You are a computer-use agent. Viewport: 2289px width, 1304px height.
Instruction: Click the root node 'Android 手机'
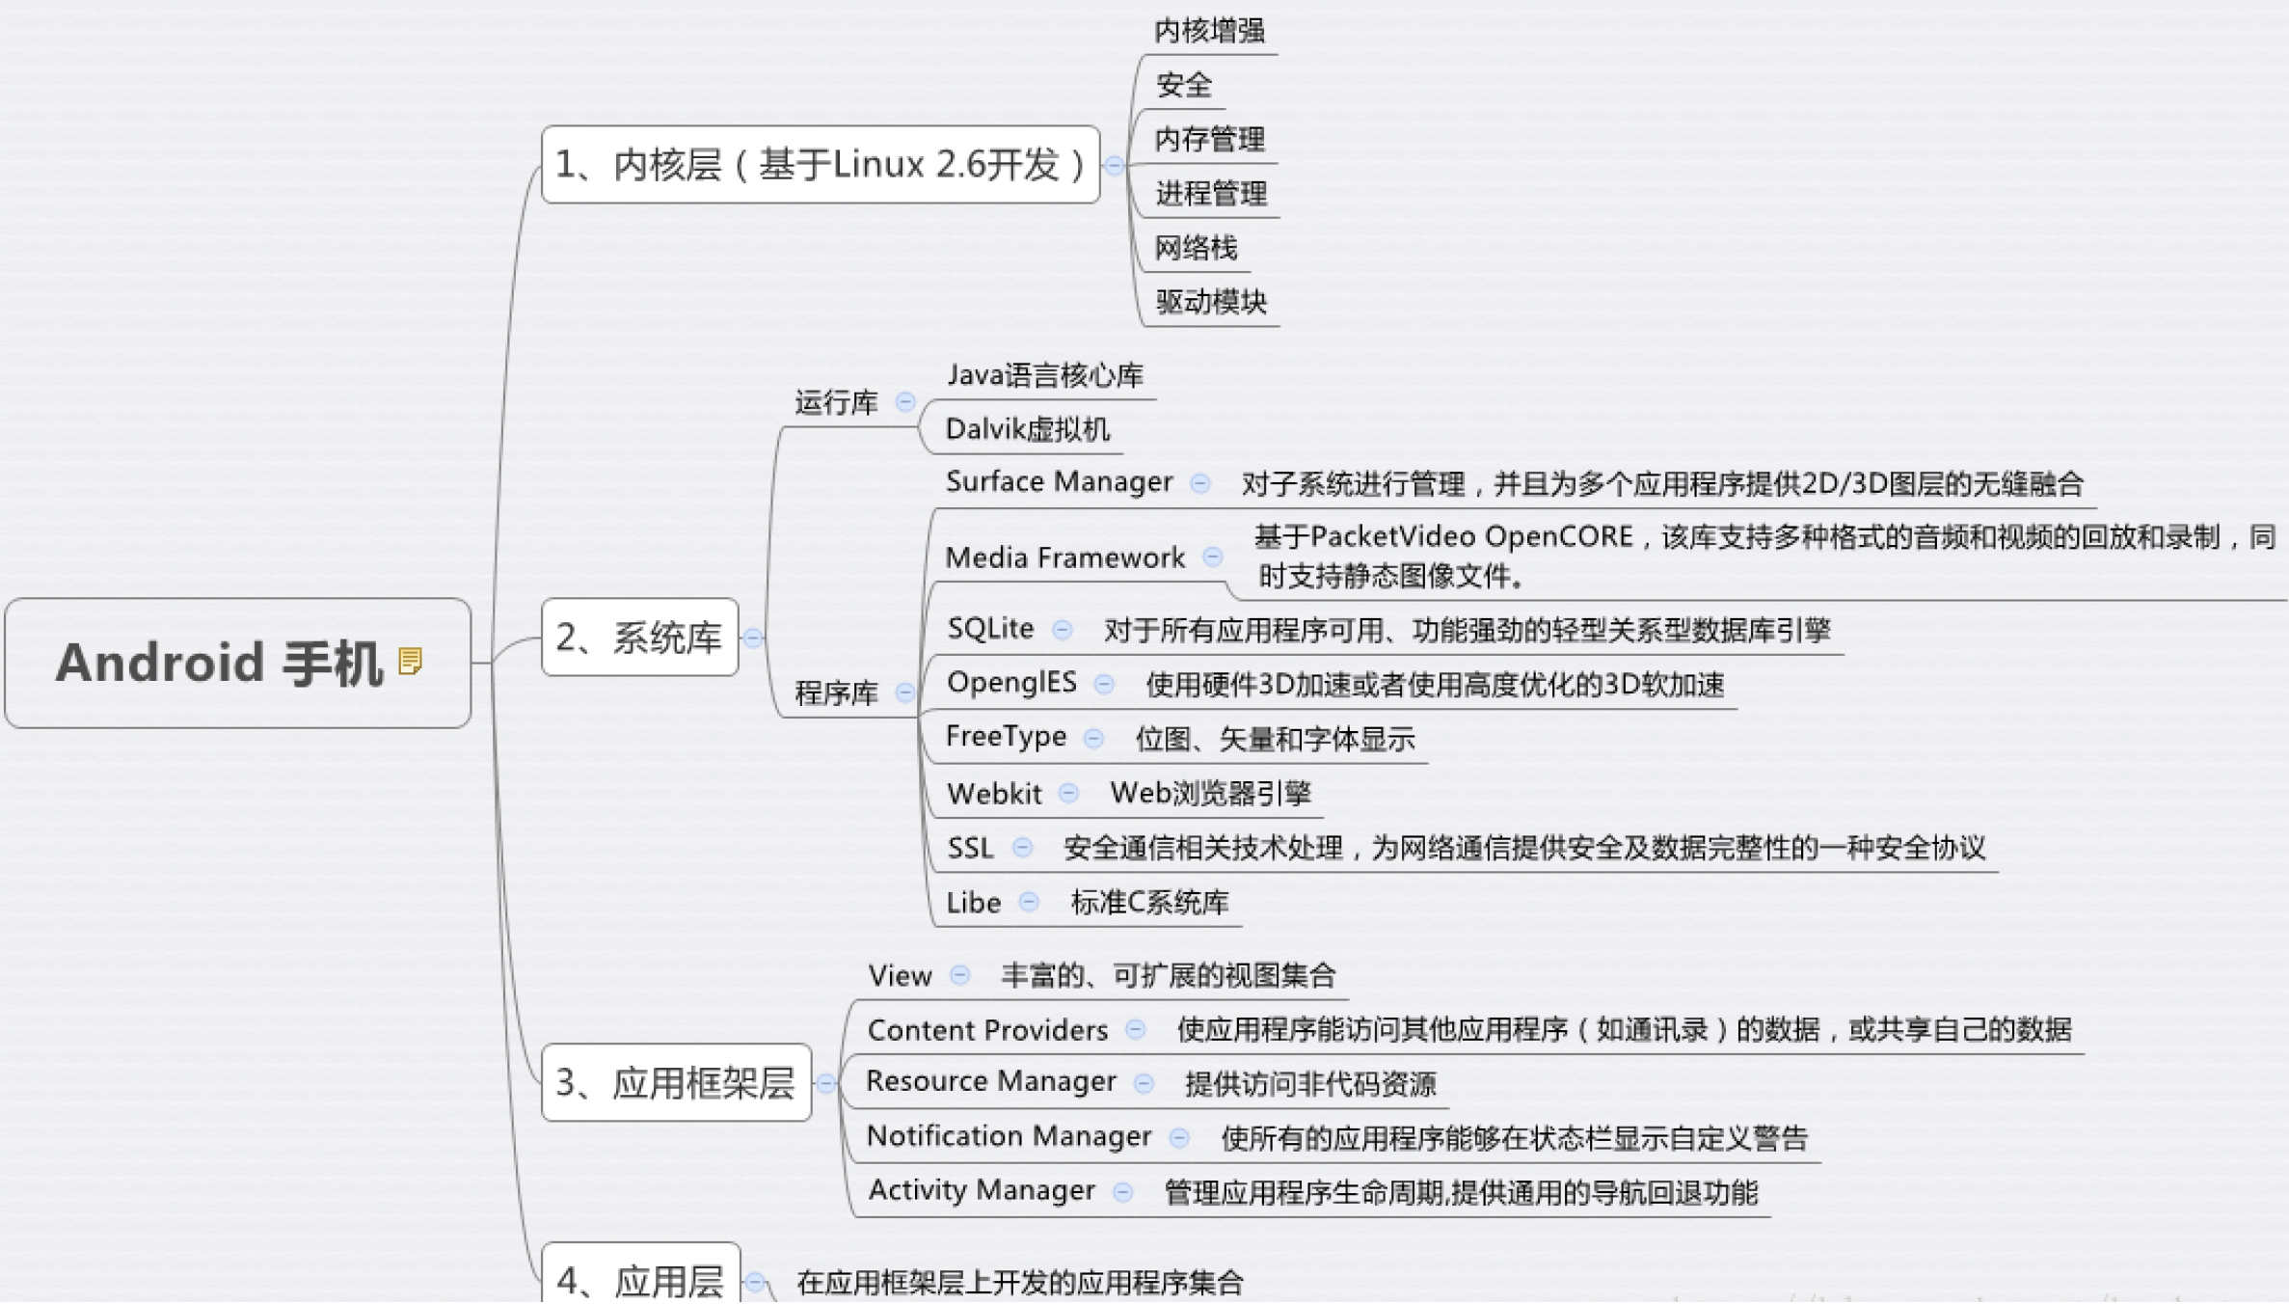point(220,664)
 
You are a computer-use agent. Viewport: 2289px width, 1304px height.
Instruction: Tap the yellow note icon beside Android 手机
point(411,662)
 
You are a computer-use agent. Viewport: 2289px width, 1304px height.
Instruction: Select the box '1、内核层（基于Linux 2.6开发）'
point(821,165)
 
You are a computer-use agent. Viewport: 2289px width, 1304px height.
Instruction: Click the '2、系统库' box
point(639,638)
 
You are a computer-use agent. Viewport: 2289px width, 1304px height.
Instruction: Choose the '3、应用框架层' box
point(676,1083)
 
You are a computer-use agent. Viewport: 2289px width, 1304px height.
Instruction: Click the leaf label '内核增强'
point(1209,31)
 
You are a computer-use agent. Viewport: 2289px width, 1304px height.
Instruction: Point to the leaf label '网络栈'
point(1196,248)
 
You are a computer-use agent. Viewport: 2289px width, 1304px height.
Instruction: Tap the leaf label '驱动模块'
point(1211,302)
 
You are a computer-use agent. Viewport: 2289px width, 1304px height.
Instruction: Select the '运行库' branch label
point(836,402)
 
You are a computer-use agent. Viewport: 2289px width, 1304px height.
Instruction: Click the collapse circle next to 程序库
point(905,693)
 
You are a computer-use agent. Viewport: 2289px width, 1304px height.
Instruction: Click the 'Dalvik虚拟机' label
point(1027,429)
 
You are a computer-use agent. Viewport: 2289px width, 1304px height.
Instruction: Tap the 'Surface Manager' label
point(1059,481)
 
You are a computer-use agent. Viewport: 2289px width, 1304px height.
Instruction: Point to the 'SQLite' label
point(990,629)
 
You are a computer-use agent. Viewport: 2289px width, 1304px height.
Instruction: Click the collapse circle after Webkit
point(1068,793)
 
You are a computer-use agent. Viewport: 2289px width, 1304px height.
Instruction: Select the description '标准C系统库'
point(1149,903)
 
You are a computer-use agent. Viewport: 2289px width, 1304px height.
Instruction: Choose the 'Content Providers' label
point(987,1030)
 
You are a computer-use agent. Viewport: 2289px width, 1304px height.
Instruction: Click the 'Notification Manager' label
point(1009,1136)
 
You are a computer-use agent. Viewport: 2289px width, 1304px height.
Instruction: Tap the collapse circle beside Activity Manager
point(1122,1192)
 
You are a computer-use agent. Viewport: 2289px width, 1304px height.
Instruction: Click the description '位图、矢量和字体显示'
point(1275,740)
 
